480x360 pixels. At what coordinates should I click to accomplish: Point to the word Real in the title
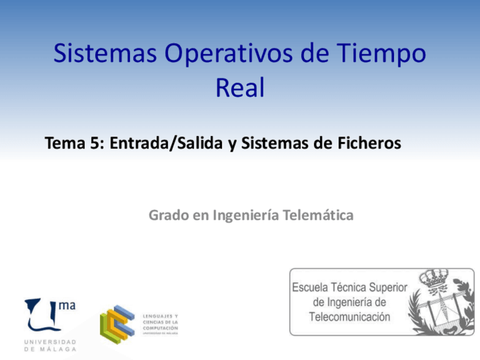[x=240, y=88]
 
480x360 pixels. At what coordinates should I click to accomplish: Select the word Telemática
[x=321, y=215]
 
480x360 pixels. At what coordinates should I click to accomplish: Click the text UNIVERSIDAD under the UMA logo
[x=50, y=342]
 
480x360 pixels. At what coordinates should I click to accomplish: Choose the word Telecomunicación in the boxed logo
[x=349, y=317]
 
